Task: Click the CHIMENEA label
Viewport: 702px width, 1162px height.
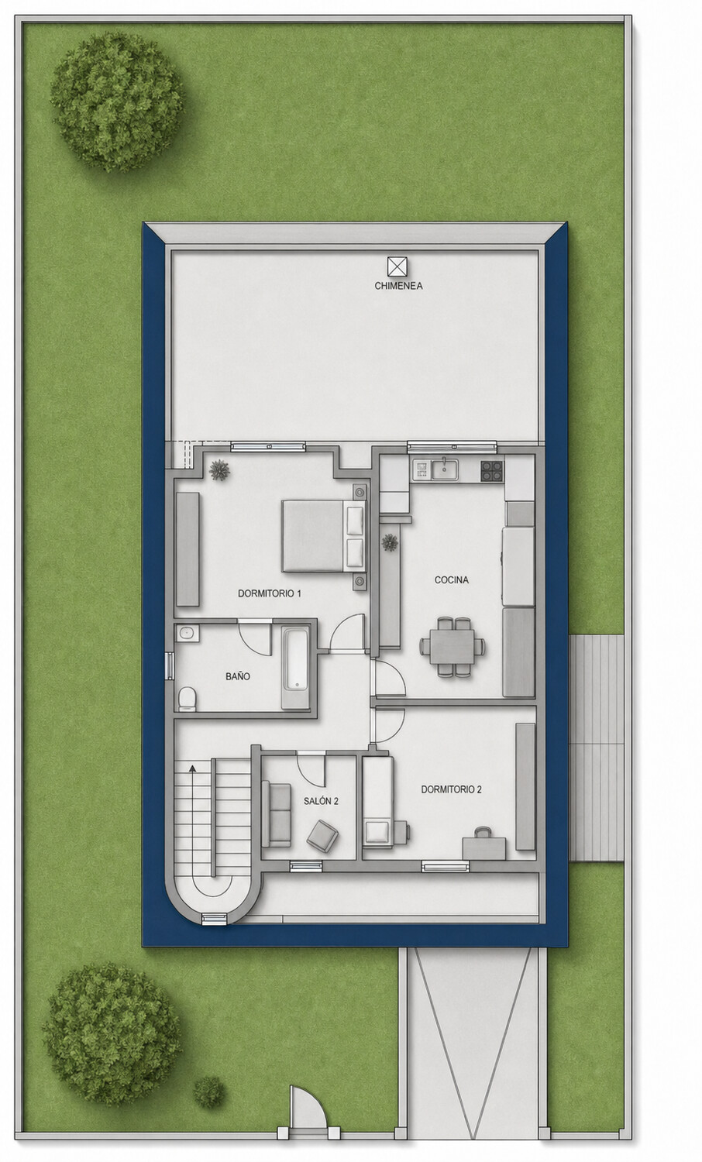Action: click(398, 285)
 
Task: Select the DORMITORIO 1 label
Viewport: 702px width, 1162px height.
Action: click(270, 593)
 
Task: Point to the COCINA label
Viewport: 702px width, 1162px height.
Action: click(452, 580)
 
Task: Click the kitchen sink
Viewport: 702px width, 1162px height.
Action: click(444, 469)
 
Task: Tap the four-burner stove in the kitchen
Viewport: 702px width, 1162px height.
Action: click(492, 472)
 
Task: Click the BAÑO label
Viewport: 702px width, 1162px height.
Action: click(238, 676)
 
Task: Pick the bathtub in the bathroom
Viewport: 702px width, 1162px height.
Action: click(296, 668)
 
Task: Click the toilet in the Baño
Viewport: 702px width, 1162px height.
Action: click(187, 698)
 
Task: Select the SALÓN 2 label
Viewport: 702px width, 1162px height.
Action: click(321, 801)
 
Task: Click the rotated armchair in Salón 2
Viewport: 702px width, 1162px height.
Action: click(322, 835)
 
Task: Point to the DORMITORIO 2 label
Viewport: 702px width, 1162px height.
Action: click(452, 789)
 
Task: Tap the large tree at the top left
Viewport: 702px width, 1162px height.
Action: click(116, 103)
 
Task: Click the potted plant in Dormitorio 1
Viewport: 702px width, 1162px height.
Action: click(220, 470)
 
